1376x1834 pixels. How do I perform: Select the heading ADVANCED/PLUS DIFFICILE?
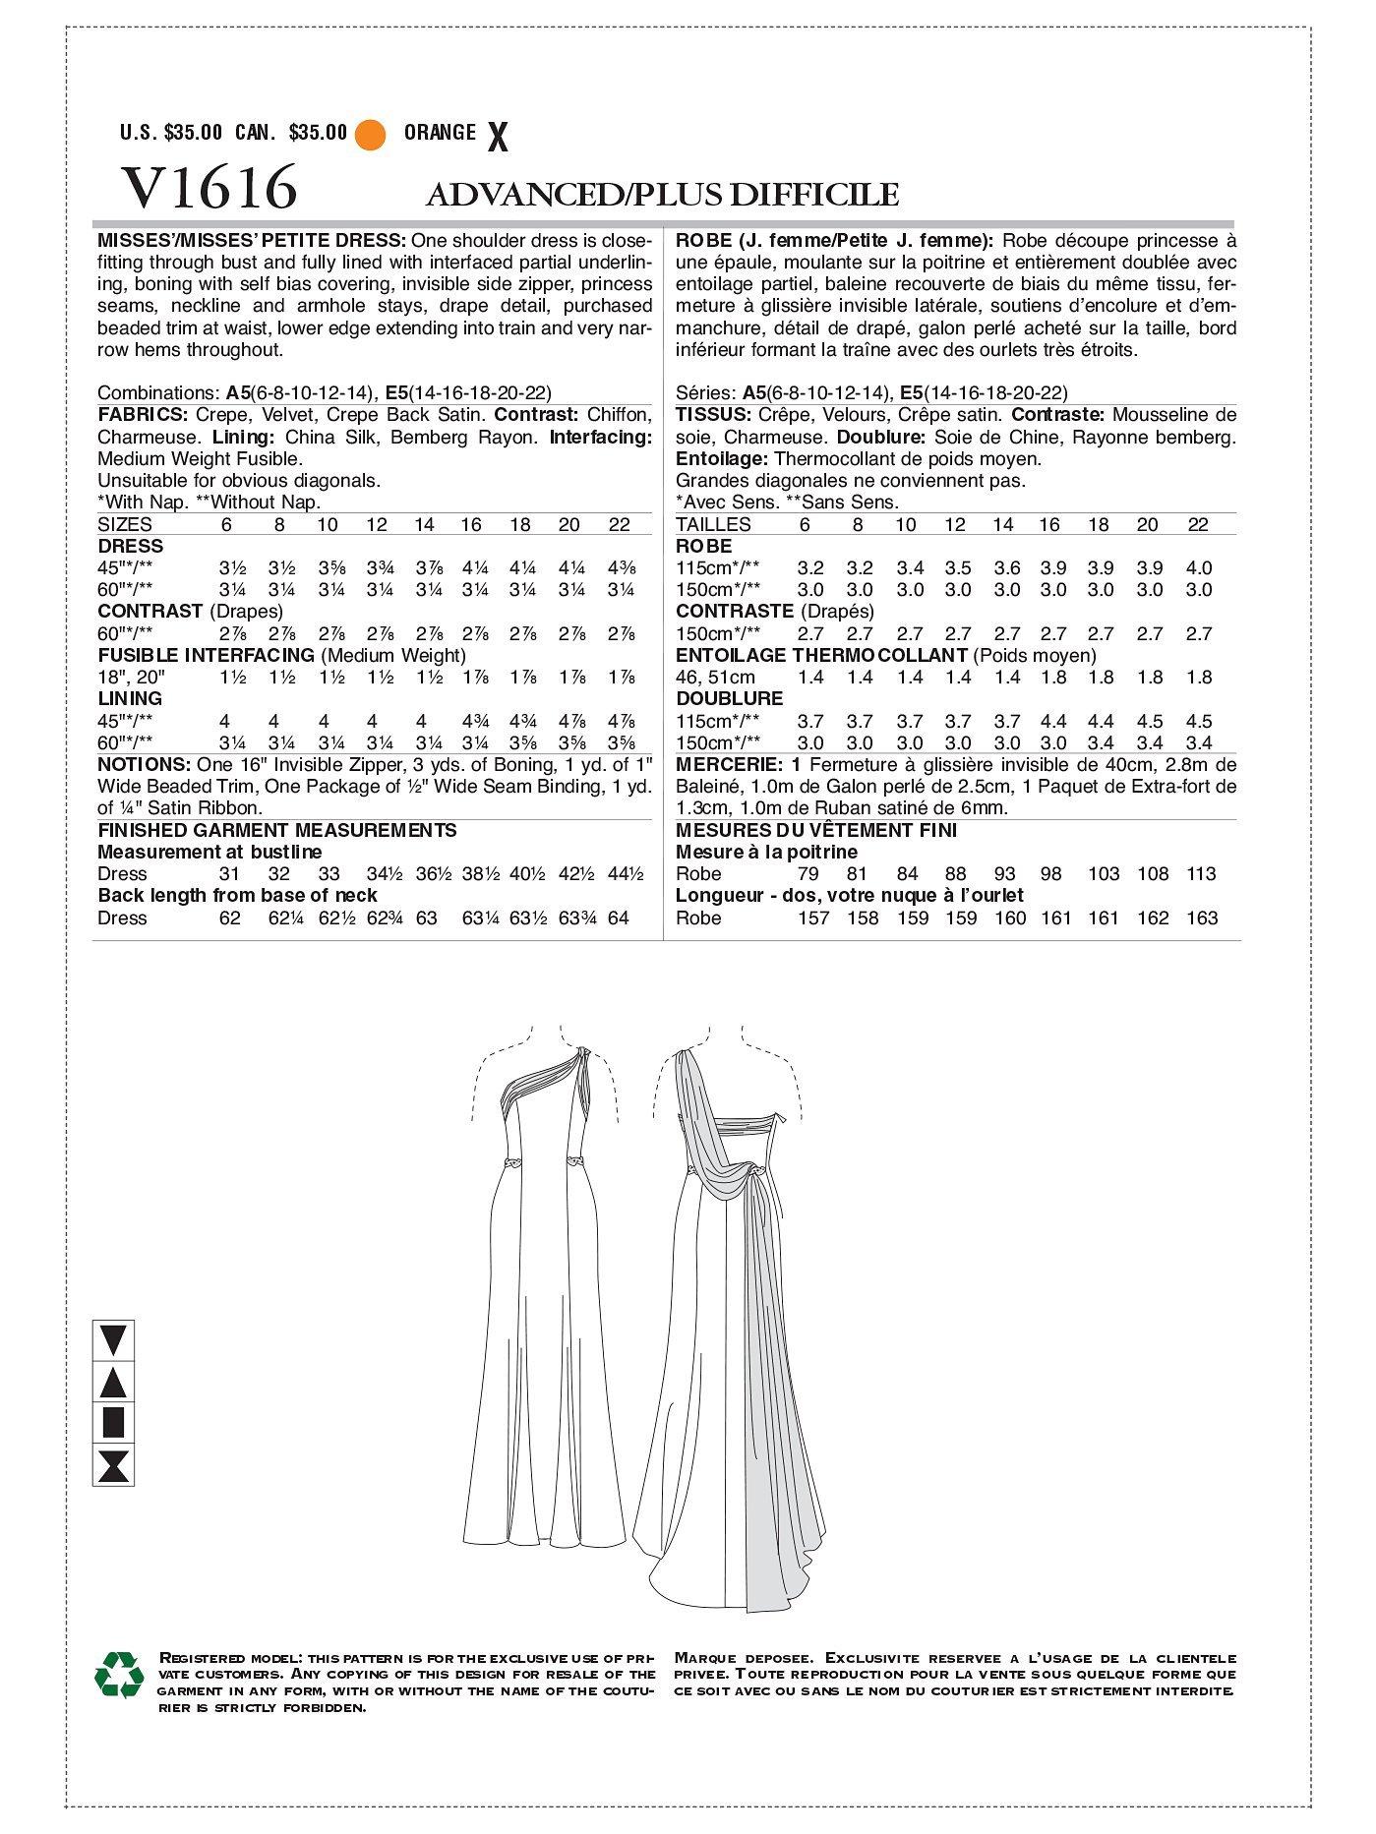coord(662,195)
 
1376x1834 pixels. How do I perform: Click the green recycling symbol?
coord(119,1674)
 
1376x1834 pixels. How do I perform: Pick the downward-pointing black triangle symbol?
coord(113,1340)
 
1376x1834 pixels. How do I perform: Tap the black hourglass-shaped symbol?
coord(113,1464)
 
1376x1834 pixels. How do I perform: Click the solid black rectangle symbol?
coord(113,1423)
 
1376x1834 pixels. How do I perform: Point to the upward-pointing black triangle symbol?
coord(113,1382)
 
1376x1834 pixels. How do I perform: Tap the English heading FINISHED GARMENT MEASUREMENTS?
coord(277,830)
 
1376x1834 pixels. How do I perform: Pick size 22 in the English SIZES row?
coord(619,525)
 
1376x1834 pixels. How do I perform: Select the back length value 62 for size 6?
coord(229,918)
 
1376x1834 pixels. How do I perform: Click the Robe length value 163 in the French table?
coord(1201,918)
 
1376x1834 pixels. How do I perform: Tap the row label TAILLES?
coord(713,525)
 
